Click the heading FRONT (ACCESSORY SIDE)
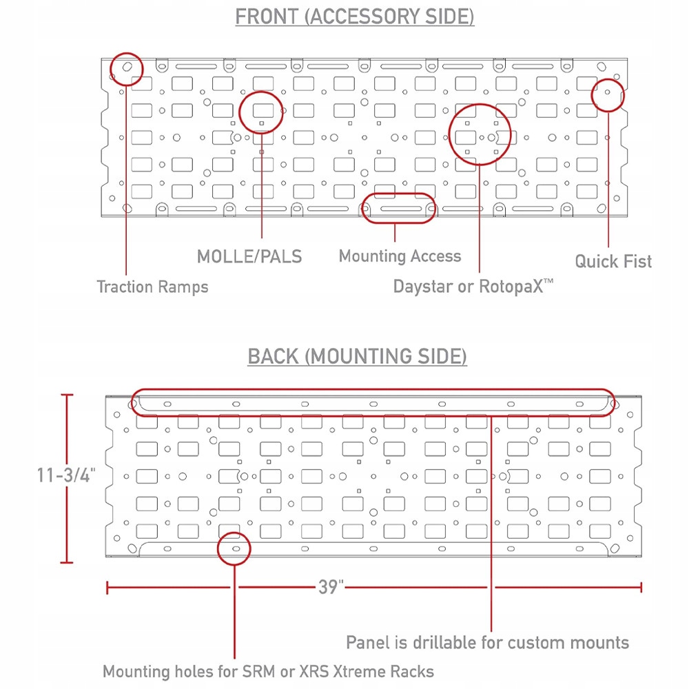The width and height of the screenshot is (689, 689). (x=354, y=17)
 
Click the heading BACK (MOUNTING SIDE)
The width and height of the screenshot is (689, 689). (x=357, y=356)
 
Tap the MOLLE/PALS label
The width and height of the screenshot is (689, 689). (x=249, y=256)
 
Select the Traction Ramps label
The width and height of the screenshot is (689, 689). (x=152, y=287)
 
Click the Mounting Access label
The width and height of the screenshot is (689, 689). (x=400, y=256)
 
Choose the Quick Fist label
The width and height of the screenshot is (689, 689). (x=613, y=261)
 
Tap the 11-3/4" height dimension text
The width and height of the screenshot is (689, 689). (x=66, y=475)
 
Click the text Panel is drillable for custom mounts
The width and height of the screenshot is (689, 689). (x=487, y=642)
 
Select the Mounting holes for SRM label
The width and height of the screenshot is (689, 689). (x=268, y=671)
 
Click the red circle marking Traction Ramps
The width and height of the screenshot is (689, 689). (x=127, y=68)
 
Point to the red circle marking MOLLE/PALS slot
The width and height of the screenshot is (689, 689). (x=261, y=111)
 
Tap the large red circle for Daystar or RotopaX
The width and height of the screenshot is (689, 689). (x=480, y=134)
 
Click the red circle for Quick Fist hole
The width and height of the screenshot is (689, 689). (x=608, y=95)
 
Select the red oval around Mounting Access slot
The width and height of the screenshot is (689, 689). (x=398, y=208)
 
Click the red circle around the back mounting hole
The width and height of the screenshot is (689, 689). (x=234, y=548)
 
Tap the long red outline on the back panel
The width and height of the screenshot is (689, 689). (x=372, y=403)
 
